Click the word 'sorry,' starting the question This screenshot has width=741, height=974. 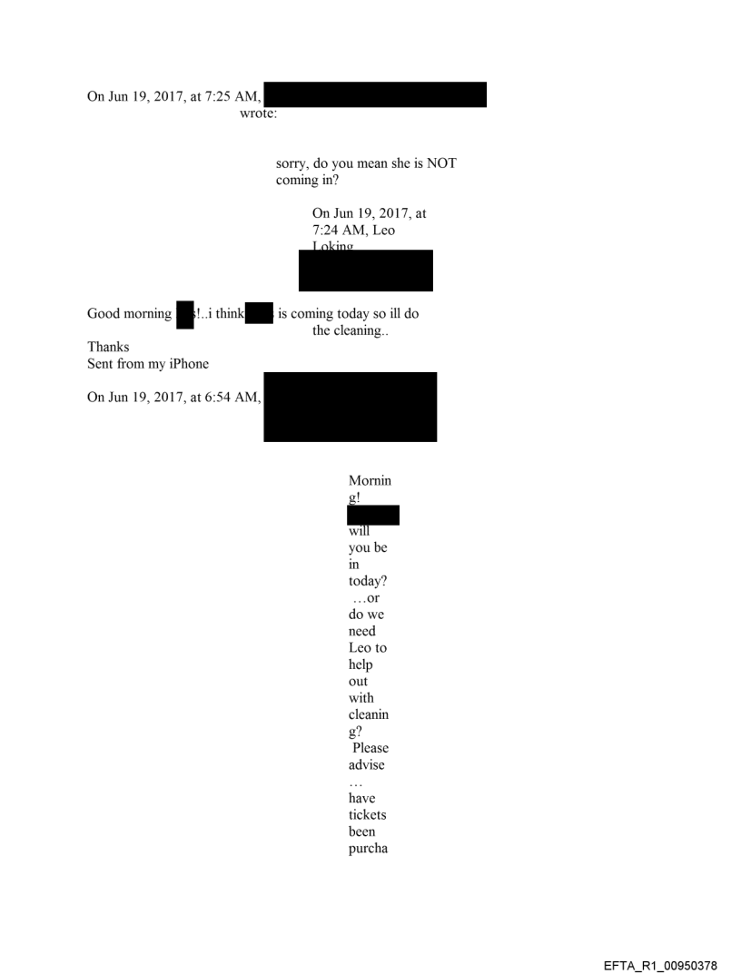[x=296, y=164]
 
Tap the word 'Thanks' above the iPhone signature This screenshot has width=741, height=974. [x=108, y=348]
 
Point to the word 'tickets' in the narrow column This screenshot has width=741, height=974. [x=367, y=815]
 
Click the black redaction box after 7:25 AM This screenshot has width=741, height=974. [x=375, y=94]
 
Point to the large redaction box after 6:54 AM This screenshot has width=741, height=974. [x=350, y=407]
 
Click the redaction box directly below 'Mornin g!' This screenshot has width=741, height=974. [x=372, y=516]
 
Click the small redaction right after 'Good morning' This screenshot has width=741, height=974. [x=185, y=314]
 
